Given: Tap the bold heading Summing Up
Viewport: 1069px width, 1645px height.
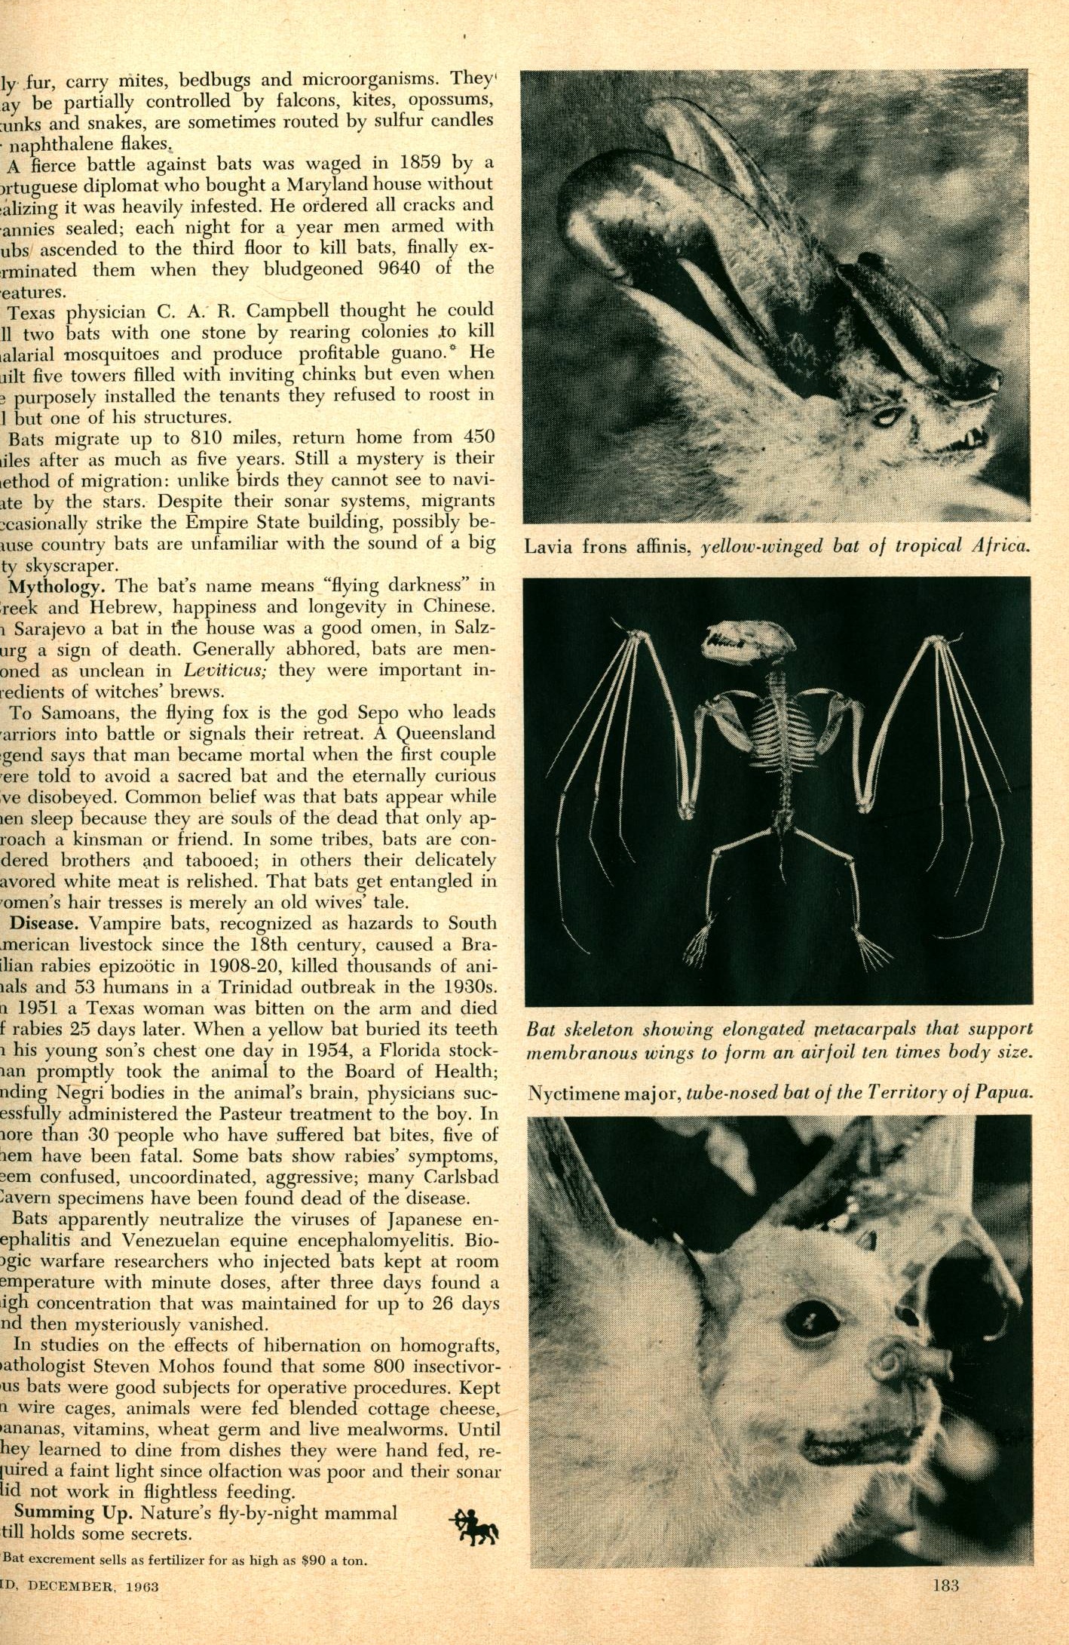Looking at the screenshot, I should [x=74, y=1512].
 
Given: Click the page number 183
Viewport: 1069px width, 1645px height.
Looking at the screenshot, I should [x=945, y=1585].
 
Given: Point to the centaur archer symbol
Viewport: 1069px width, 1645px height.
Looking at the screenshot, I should [x=473, y=1526].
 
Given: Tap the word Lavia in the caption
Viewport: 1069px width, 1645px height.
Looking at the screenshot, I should [x=549, y=546].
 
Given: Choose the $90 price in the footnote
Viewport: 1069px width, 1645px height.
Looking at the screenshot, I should [x=315, y=1560].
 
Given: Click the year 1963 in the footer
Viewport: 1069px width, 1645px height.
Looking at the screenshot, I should [x=142, y=1585].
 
